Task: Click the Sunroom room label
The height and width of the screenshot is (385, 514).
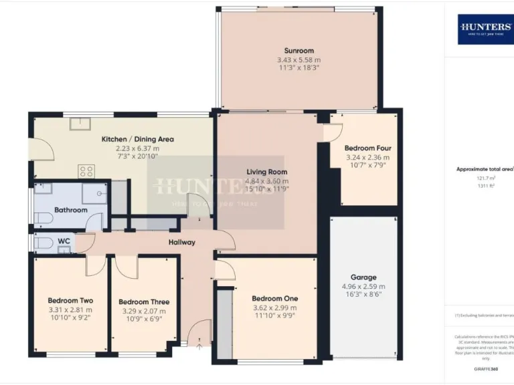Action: [x=298, y=51]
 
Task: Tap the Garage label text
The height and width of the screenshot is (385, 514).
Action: [x=363, y=277]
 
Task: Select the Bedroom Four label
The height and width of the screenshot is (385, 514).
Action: [x=367, y=148]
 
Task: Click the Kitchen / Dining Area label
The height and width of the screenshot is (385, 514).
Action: [x=138, y=139]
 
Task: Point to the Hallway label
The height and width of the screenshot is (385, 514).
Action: [x=181, y=242]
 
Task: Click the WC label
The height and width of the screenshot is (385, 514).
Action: [x=64, y=241]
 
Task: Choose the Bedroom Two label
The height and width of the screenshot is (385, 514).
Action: [x=70, y=301]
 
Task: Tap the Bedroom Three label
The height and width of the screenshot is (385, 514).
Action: [x=144, y=301]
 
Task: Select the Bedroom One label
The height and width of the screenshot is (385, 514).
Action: [x=275, y=298]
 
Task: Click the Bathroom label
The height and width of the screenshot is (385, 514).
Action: [x=71, y=210]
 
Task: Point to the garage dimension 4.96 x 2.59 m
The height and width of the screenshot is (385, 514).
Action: [x=363, y=286]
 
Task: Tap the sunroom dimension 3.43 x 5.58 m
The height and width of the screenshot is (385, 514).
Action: [x=298, y=60]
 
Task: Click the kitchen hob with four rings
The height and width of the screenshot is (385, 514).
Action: [x=86, y=171]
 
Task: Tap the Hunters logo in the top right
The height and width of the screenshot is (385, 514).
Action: [x=485, y=29]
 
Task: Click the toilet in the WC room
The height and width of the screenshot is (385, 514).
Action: [x=42, y=242]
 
